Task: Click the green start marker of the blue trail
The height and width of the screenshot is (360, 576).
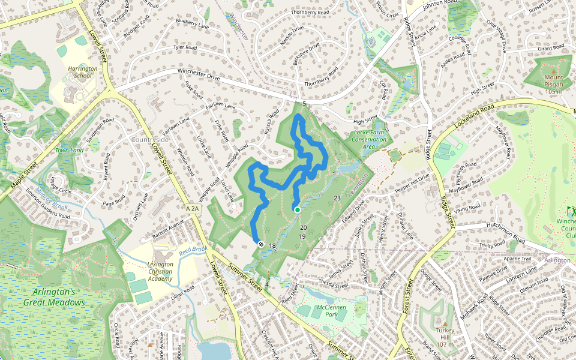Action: click(x=297, y=209)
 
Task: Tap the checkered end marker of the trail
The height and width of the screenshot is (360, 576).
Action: click(x=261, y=244)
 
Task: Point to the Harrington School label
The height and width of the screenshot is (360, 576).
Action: click(x=82, y=73)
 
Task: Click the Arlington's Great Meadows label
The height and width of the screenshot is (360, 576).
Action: click(x=55, y=297)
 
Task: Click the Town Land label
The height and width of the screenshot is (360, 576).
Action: click(x=68, y=150)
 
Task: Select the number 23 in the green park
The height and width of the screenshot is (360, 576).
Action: click(x=337, y=198)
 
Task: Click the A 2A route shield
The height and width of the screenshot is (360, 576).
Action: click(x=193, y=208)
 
